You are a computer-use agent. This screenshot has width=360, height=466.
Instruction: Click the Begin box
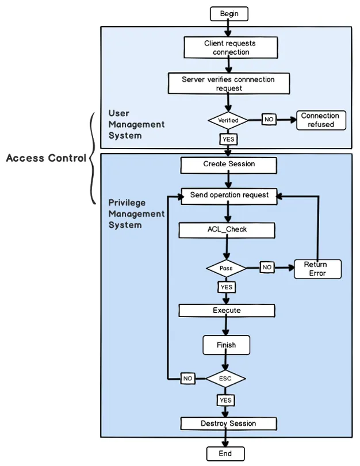coord(229,13)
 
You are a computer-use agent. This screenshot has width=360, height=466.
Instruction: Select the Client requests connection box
coord(230,47)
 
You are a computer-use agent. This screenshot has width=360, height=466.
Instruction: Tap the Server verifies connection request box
coord(229,83)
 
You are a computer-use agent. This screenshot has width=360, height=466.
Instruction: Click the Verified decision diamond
coord(228,120)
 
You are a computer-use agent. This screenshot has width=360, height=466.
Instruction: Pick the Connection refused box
coord(321,120)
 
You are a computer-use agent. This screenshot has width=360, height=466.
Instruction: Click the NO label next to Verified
coord(269,120)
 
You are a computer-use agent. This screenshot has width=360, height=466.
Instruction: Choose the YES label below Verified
coord(228,139)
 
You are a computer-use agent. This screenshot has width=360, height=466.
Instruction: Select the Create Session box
coord(229,165)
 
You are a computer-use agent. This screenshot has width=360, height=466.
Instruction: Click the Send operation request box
coord(229,196)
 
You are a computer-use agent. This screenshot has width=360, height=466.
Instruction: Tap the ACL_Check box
coord(227,230)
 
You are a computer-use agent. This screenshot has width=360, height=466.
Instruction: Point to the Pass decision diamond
coord(226,268)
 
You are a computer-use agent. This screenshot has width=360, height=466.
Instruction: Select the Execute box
coord(227,311)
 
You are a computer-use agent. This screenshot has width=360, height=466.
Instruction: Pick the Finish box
coord(226,345)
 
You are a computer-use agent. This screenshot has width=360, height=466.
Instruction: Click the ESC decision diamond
coord(225,379)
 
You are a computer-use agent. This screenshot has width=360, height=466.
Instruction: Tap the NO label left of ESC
coord(188,379)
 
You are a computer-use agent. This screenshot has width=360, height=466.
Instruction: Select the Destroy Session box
coord(228,424)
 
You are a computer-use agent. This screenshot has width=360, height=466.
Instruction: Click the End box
coord(225,454)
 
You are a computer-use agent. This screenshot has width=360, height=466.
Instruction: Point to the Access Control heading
coord(46,158)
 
